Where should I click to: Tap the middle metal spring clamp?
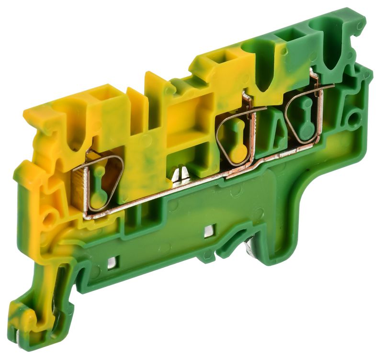click(x=236, y=139)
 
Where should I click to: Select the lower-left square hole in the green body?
click(x=112, y=261)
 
